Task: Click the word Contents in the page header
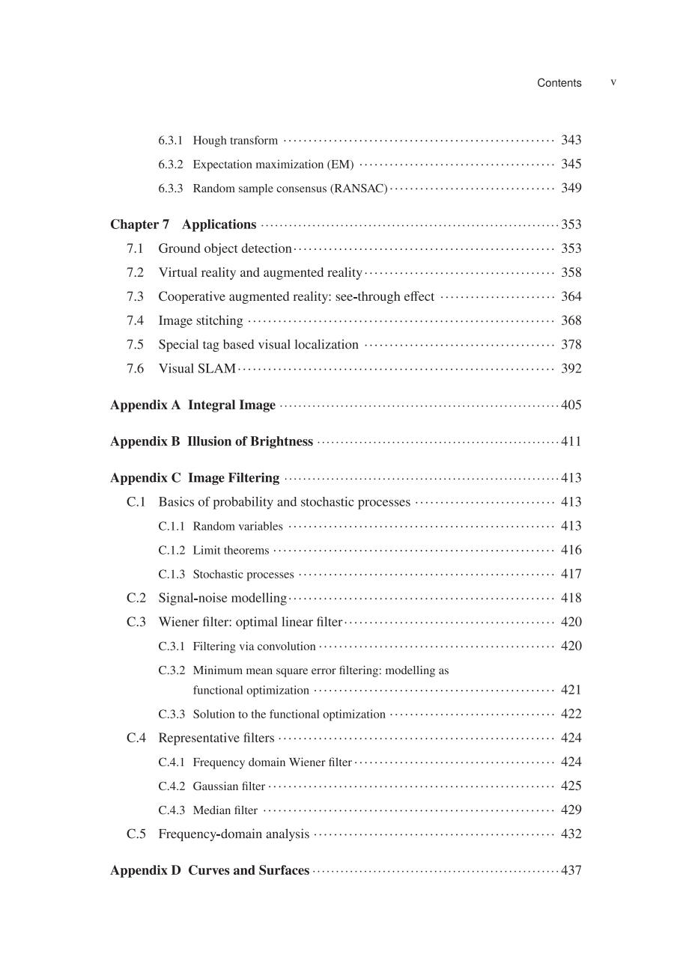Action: coord(559,83)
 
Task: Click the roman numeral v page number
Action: coord(613,82)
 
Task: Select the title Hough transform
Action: coord(235,141)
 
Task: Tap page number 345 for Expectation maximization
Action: coord(571,164)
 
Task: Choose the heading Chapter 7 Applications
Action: coord(183,224)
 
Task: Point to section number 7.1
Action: coord(135,248)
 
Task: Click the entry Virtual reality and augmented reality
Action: coord(260,272)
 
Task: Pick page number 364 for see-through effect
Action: coord(571,296)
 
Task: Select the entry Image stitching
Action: coord(200,321)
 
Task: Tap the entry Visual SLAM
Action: coord(197,369)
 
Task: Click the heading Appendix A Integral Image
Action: coord(192,406)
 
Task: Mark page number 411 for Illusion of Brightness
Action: coord(571,441)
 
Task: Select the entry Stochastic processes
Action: coord(243,575)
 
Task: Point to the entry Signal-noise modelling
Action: coord(222,598)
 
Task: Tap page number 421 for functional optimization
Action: coord(571,690)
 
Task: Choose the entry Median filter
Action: coord(225,810)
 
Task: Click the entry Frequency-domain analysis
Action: coord(234,834)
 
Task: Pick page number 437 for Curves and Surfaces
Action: coord(571,871)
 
